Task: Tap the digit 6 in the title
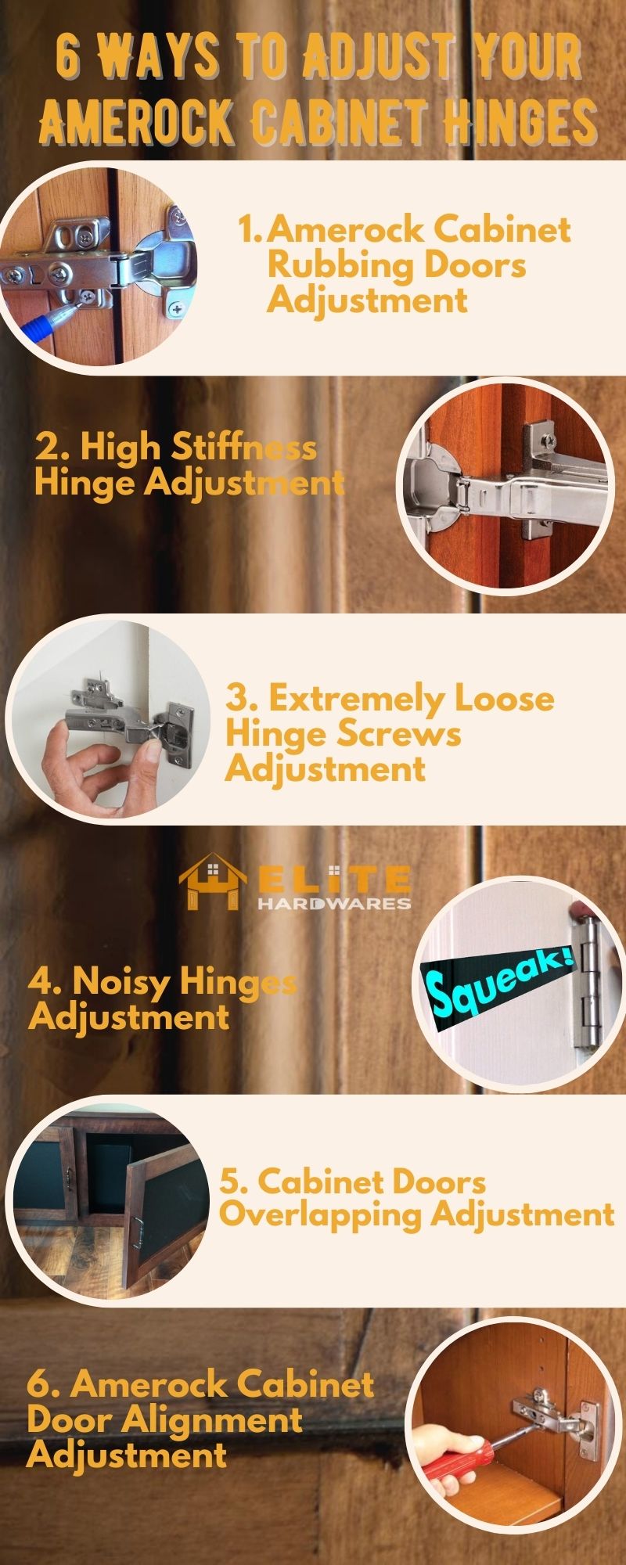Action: tap(69, 57)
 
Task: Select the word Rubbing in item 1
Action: tap(339, 265)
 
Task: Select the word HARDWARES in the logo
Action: tap(334, 903)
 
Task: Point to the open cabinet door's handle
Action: tap(139, 1234)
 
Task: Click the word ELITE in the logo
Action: tap(334, 880)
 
